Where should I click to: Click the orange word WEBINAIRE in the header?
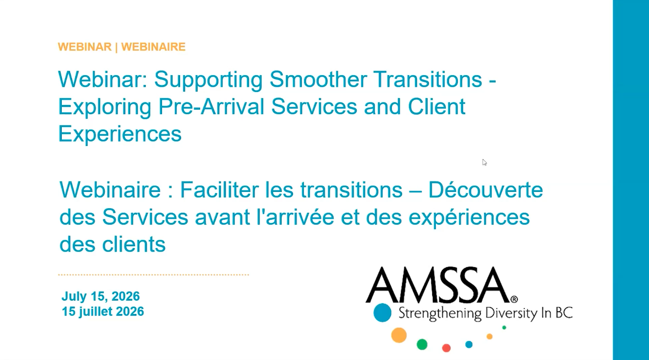tap(153, 46)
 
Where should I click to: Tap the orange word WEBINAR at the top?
tap(84, 46)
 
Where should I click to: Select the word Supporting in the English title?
tap(208, 80)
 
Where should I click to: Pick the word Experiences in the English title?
tap(120, 134)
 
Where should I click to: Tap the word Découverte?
tap(486, 190)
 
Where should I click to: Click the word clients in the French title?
tap(134, 244)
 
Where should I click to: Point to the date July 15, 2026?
tap(101, 296)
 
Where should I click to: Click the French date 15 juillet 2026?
tap(103, 312)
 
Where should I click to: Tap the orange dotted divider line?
tap(154, 275)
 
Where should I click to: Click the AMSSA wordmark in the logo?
tap(438, 285)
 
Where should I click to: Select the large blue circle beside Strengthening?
tap(383, 313)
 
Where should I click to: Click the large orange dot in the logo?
tap(399, 335)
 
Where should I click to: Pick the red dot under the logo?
tap(446, 348)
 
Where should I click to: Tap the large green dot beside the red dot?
tap(422, 344)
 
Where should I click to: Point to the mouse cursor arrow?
tap(485, 162)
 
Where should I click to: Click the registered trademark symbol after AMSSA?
tap(514, 299)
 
